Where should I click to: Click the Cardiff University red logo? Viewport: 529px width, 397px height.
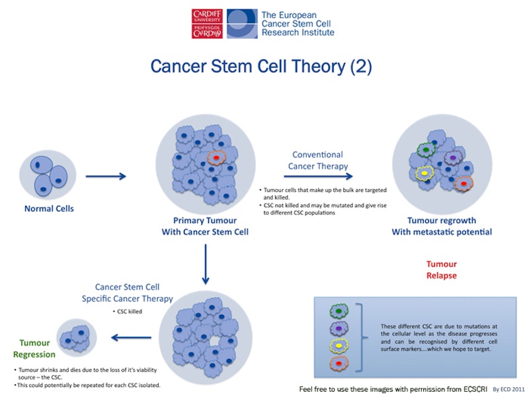(x=207, y=24)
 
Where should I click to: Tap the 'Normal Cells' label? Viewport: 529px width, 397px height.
(x=49, y=209)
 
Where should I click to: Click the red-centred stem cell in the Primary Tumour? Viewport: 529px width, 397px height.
(x=216, y=159)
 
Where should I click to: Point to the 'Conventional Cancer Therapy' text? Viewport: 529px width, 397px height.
(x=318, y=160)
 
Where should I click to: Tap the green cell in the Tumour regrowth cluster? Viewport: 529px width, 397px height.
(x=426, y=150)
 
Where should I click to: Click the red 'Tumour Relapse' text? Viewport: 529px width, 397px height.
(x=441, y=270)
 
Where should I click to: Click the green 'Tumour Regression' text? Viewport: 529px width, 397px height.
(x=34, y=349)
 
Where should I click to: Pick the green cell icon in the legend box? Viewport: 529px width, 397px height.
(x=339, y=310)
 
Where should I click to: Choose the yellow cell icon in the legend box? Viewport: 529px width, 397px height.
(x=339, y=345)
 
